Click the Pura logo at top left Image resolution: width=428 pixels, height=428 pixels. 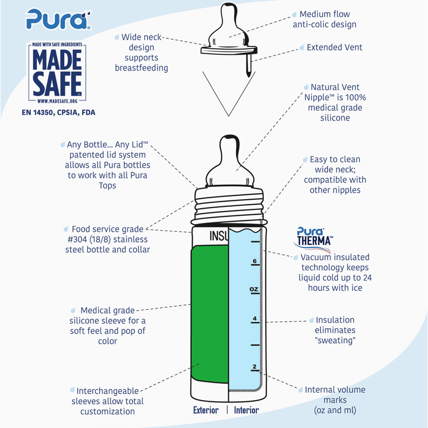click(58, 19)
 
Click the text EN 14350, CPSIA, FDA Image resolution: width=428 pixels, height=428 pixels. click(58, 112)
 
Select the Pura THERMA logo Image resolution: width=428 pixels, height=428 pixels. click(314, 237)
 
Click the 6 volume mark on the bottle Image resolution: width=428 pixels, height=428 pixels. click(254, 261)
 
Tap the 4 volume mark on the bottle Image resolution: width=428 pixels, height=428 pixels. click(254, 319)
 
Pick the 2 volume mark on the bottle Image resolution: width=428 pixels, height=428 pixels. click(254, 366)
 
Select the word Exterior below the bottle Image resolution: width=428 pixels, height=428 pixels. click(206, 410)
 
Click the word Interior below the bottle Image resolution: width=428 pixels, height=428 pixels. click(246, 410)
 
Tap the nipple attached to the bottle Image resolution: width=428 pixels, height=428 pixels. click(229, 163)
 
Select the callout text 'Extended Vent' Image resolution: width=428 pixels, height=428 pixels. click(334, 47)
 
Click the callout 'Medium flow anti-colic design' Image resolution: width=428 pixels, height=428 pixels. click(325, 19)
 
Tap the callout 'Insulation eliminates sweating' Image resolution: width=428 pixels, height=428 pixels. click(335, 330)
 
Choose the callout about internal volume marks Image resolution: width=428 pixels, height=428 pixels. click(335, 400)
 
